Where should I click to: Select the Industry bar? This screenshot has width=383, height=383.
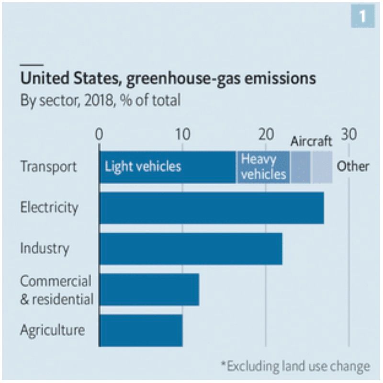pyautogui.click(x=191, y=248)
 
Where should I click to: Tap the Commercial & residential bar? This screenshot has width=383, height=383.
pyautogui.click(x=149, y=290)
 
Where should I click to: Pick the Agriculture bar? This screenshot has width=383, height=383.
pyautogui.click(x=141, y=330)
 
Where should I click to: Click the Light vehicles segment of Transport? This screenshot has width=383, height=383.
pyautogui.click(x=168, y=167)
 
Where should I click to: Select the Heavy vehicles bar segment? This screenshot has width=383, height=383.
pyautogui.click(x=263, y=167)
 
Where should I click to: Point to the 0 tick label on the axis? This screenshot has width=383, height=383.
pyautogui.click(x=99, y=135)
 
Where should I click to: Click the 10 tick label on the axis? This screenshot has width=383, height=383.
pyautogui.click(x=182, y=135)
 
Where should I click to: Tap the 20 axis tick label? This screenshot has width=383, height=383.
pyautogui.click(x=266, y=135)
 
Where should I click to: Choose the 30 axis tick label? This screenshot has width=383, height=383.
pyautogui.click(x=349, y=135)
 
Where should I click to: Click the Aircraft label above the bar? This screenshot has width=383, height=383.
pyautogui.click(x=311, y=141)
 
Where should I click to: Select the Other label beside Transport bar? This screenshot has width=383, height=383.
pyautogui.click(x=353, y=167)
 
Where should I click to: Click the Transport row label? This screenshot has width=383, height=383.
pyautogui.click(x=48, y=167)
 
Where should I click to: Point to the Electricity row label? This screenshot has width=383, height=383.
pyautogui.click(x=49, y=208)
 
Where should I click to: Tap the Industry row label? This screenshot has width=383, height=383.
pyautogui.click(x=45, y=248)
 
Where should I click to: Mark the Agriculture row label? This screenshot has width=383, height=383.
pyautogui.click(x=52, y=330)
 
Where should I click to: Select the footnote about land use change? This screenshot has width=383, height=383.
pyautogui.click(x=295, y=367)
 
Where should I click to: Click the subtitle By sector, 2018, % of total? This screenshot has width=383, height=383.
pyautogui.click(x=100, y=101)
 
